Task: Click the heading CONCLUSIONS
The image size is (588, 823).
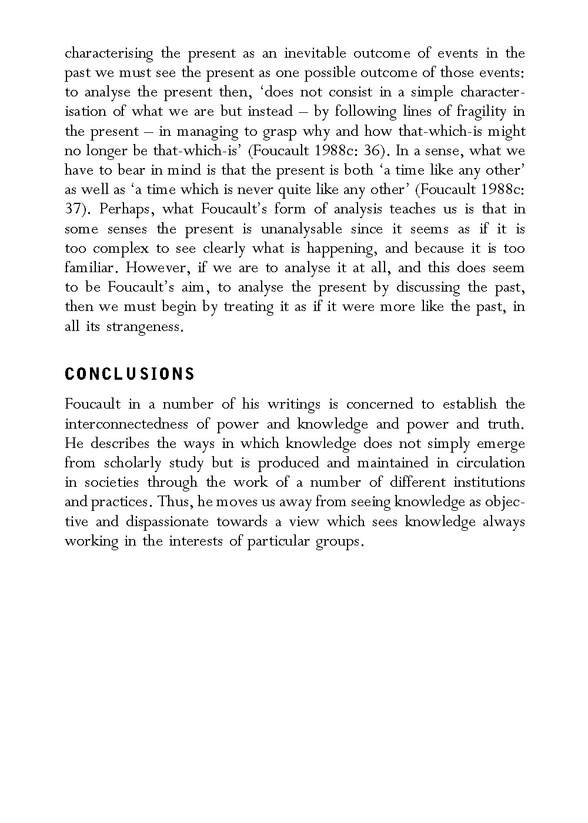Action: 129,374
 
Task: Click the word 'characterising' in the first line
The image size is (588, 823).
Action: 109,53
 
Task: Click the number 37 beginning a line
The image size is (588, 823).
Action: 73,209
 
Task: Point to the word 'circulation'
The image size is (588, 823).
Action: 490,463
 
